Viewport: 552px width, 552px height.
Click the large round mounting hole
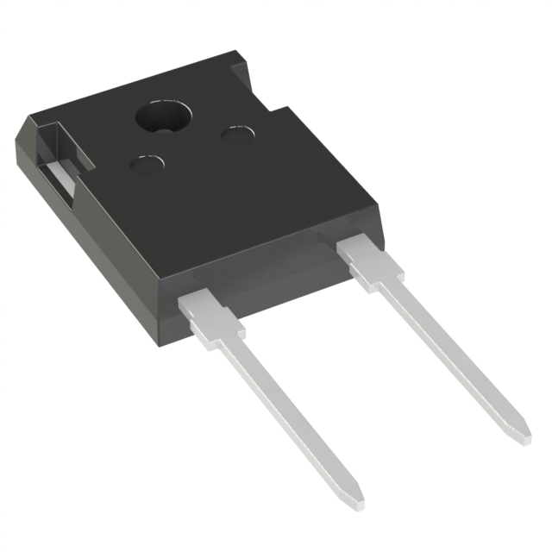[x=166, y=117]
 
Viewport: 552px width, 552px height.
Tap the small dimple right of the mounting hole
[x=237, y=135]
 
